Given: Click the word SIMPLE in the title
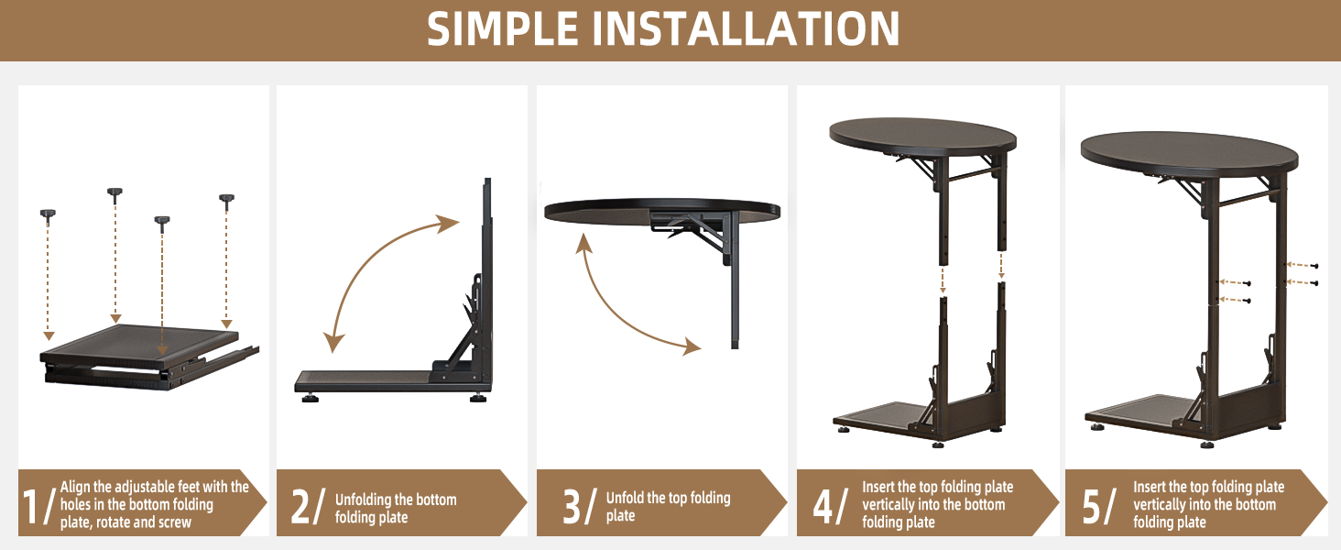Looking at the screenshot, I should click(503, 30).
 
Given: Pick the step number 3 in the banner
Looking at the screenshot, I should click(571, 507).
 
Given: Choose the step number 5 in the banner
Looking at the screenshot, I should click(1092, 507).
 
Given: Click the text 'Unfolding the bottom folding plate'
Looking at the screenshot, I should click(395, 508).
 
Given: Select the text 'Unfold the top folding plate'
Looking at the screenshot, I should click(668, 506).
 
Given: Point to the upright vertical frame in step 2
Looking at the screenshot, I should click(487, 275).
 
